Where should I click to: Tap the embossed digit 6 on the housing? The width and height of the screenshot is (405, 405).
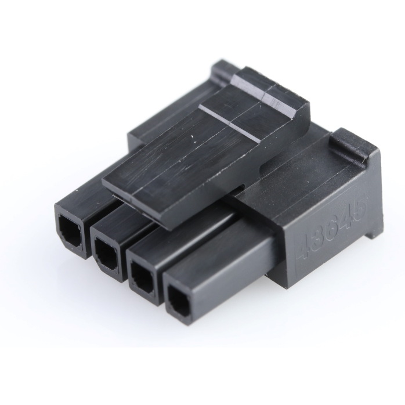pyautogui.click(x=334, y=226)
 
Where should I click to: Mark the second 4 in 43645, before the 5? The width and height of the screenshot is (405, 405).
pyautogui.click(x=348, y=219)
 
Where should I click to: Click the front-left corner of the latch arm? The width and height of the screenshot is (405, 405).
pyautogui.click(x=104, y=185)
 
